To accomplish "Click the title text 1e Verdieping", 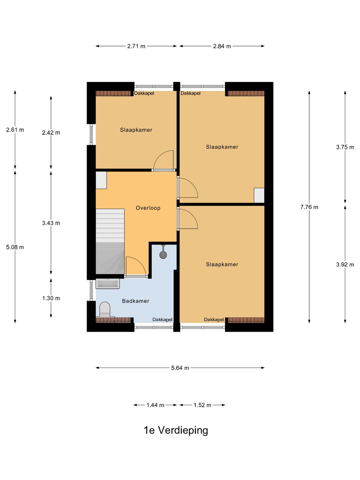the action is click(x=176, y=430).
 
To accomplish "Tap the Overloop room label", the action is click(x=148, y=208).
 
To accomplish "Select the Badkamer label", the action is click(x=136, y=301).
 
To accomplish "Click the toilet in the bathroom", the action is click(x=105, y=309).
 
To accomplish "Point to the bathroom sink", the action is click(x=108, y=284).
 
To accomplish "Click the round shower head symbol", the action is click(x=163, y=255).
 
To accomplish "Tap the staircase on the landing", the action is click(x=110, y=241).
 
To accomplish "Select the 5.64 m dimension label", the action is click(x=180, y=368).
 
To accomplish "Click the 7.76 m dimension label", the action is click(x=309, y=207).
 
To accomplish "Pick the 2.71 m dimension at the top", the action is click(x=136, y=46).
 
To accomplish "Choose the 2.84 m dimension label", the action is click(x=222, y=46).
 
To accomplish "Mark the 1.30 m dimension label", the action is click(x=51, y=298).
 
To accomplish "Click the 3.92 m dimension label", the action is click(x=345, y=265).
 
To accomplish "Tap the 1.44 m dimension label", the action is click(x=155, y=405).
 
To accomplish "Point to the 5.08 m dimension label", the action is click(x=15, y=247).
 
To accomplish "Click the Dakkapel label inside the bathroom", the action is click(x=162, y=319).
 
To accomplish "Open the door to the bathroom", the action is click(x=136, y=267).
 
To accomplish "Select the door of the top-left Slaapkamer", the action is click(x=163, y=161).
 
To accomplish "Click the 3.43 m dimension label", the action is click(x=51, y=223).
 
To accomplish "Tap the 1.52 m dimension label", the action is click(x=202, y=405).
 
